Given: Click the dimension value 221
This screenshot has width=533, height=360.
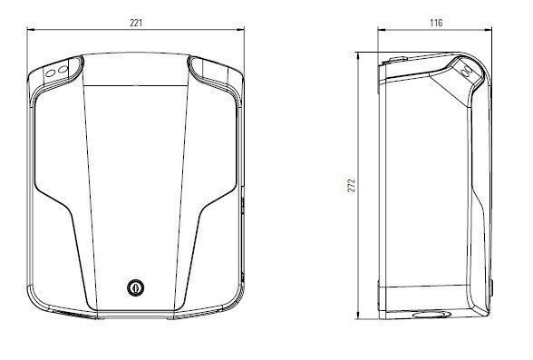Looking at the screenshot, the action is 136,23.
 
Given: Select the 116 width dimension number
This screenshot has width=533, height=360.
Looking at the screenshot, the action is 436,23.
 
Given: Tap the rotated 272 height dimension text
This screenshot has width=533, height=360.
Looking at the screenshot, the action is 352,186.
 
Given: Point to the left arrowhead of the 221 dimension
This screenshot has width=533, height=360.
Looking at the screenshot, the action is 31,30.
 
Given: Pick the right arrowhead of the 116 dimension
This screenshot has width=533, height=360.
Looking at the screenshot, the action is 488,30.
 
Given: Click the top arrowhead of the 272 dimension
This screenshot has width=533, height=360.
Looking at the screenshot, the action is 357,56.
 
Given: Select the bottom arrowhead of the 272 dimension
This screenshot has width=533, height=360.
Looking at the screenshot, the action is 357,316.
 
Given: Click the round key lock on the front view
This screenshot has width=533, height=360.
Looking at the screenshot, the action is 136,287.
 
